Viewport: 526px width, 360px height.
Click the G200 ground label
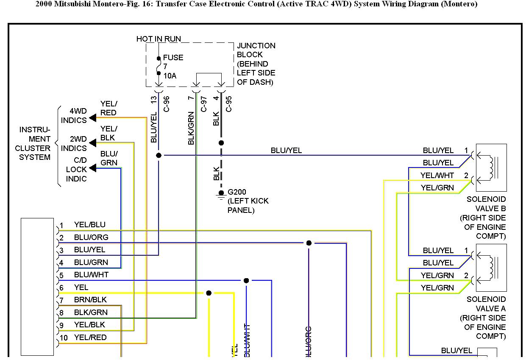tap(237, 192)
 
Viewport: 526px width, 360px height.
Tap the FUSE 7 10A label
tap(173, 67)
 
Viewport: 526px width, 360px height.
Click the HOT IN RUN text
tap(159, 39)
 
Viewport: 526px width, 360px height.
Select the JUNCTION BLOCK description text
tap(256, 64)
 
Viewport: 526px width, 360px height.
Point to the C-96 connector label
tap(167, 104)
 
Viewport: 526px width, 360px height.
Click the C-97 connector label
tap(204, 104)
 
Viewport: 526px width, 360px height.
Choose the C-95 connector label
tap(229, 104)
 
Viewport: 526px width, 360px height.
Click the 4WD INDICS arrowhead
tap(92, 119)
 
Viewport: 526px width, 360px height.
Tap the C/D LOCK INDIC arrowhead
tap(92, 168)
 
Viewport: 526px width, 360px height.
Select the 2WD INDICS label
tap(74, 144)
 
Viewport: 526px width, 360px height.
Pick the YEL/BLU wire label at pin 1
tap(90, 225)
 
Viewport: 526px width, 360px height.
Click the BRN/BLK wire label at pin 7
tap(90, 300)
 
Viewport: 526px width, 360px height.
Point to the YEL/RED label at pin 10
tap(90, 338)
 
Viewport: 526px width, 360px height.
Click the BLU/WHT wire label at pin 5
tap(91, 275)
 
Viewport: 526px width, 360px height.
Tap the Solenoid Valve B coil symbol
tap(492, 167)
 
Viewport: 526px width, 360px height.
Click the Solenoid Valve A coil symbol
tap(492, 268)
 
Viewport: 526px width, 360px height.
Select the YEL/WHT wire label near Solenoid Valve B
tap(437, 176)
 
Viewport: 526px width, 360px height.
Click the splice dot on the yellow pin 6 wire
tap(209, 293)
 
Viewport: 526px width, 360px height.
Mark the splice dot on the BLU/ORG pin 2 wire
tap(309, 243)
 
